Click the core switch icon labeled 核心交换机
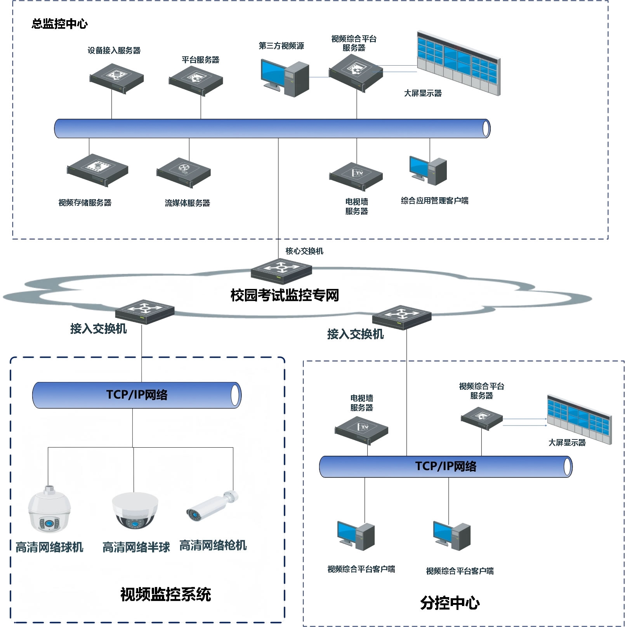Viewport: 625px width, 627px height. (x=281, y=271)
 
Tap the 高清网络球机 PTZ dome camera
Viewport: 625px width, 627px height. (x=49, y=509)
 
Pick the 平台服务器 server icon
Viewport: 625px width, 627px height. (x=196, y=80)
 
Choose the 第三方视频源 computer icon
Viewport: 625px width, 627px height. (x=285, y=78)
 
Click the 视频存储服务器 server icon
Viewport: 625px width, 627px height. (x=97, y=170)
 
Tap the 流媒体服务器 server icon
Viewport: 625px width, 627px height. (x=183, y=173)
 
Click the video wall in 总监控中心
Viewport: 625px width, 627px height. (x=458, y=63)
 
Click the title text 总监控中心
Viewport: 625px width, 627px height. (x=60, y=24)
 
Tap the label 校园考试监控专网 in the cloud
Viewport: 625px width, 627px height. (x=285, y=295)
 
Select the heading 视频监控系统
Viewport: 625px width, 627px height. (x=165, y=594)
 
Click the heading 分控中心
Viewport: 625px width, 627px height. (x=450, y=603)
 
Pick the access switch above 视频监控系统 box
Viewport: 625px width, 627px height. (x=145, y=312)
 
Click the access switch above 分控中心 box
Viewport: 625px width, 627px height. (x=402, y=317)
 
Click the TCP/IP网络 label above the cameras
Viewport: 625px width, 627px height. (x=137, y=395)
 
